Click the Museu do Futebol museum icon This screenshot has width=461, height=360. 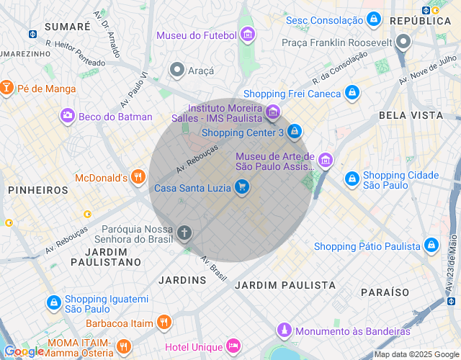[248, 35]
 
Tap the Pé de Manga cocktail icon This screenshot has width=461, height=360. [6, 89]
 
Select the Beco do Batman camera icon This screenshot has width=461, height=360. [68, 116]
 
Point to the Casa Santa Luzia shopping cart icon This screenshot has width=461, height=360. [242, 189]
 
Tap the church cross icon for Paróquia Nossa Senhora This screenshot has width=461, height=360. [184, 233]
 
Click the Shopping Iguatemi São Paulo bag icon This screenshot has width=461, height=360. [54, 304]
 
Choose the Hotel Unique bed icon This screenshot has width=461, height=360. [233, 346]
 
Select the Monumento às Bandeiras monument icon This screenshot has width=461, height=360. [285, 330]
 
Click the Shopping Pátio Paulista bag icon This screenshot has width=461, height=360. [431, 246]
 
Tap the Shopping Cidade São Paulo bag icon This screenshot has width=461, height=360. [352, 179]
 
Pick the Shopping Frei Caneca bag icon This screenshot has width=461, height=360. [352, 93]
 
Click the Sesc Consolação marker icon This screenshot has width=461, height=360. [373, 19]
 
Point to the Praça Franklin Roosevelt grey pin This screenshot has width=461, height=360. [404, 42]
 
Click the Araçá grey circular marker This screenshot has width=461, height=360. [177, 70]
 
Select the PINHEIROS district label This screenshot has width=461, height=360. [38, 190]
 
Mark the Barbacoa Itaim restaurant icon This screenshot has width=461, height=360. [164, 323]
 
